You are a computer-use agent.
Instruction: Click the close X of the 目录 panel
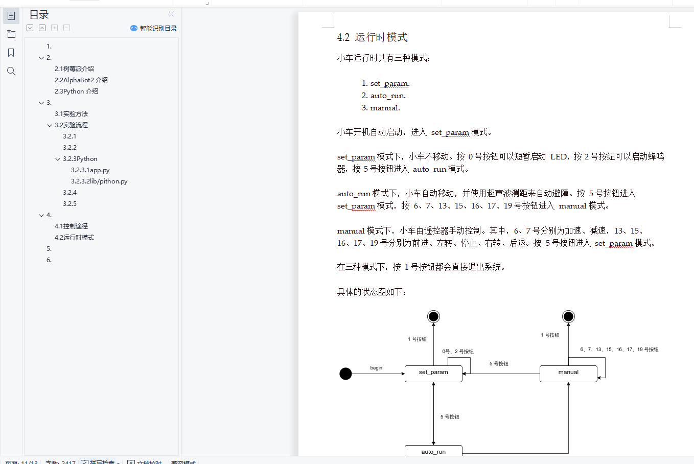click(x=171, y=14)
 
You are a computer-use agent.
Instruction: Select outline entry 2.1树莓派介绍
click(x=74, y=69)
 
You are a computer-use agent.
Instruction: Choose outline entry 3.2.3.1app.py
click(x=90, y=170)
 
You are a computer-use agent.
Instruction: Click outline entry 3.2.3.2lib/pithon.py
click(x=99, y=181)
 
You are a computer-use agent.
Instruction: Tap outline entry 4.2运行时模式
click(x=74, y=238)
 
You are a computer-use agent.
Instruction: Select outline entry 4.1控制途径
click(x=71, y=226)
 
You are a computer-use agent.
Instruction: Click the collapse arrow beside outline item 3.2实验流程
click(x=50, y=125)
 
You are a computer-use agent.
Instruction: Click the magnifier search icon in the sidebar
click(x=11, y=71)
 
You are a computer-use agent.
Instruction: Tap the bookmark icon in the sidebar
click(x=11, y=53)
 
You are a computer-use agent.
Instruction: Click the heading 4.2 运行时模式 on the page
click(x=372, y=37)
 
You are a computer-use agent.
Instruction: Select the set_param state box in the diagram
click(x=433, y=374)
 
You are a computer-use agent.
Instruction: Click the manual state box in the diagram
click(x=568, y=374)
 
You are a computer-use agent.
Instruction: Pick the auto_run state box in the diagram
click(x=433, y=451)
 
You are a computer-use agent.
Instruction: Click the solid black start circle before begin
click(x=345, y=374)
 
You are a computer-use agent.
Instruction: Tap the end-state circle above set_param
click(x=433, y=317)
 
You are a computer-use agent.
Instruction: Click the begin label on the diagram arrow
click(x=376, y=368)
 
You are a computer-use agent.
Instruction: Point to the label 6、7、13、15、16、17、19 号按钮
click(x=619, y=350)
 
